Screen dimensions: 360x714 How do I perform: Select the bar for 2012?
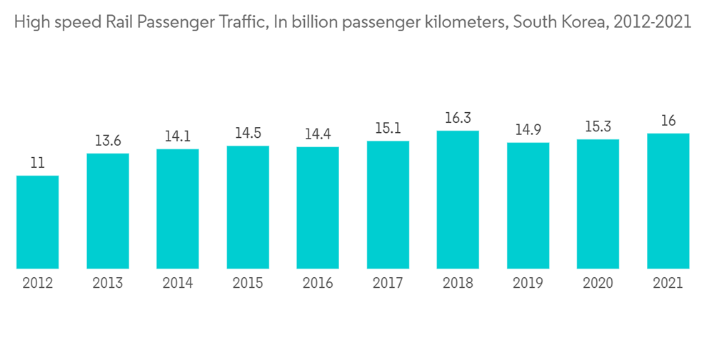click(38, 222)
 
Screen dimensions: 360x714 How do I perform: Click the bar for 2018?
click(458, 200)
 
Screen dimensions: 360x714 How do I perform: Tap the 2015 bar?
click(248, 207)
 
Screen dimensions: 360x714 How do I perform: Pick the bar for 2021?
click(668, 201)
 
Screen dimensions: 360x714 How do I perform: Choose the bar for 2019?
click(528, 206)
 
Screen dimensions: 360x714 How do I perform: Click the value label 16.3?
click(458, 118)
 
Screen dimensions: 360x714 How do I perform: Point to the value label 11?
click(38, 163)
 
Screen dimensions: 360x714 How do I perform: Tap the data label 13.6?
click(108, 141)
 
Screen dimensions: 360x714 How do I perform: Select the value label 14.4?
click(318, 134)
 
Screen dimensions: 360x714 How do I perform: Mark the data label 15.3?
click(598, 126)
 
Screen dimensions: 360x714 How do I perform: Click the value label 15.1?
click(388, 129)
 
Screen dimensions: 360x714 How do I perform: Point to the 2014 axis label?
click(178, 284)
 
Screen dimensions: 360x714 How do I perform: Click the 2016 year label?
click(318, 284)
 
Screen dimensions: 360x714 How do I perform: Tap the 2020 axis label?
click(598, 284)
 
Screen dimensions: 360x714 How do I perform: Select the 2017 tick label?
click(388, 284)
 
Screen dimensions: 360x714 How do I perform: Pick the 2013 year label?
click(108, 284)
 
